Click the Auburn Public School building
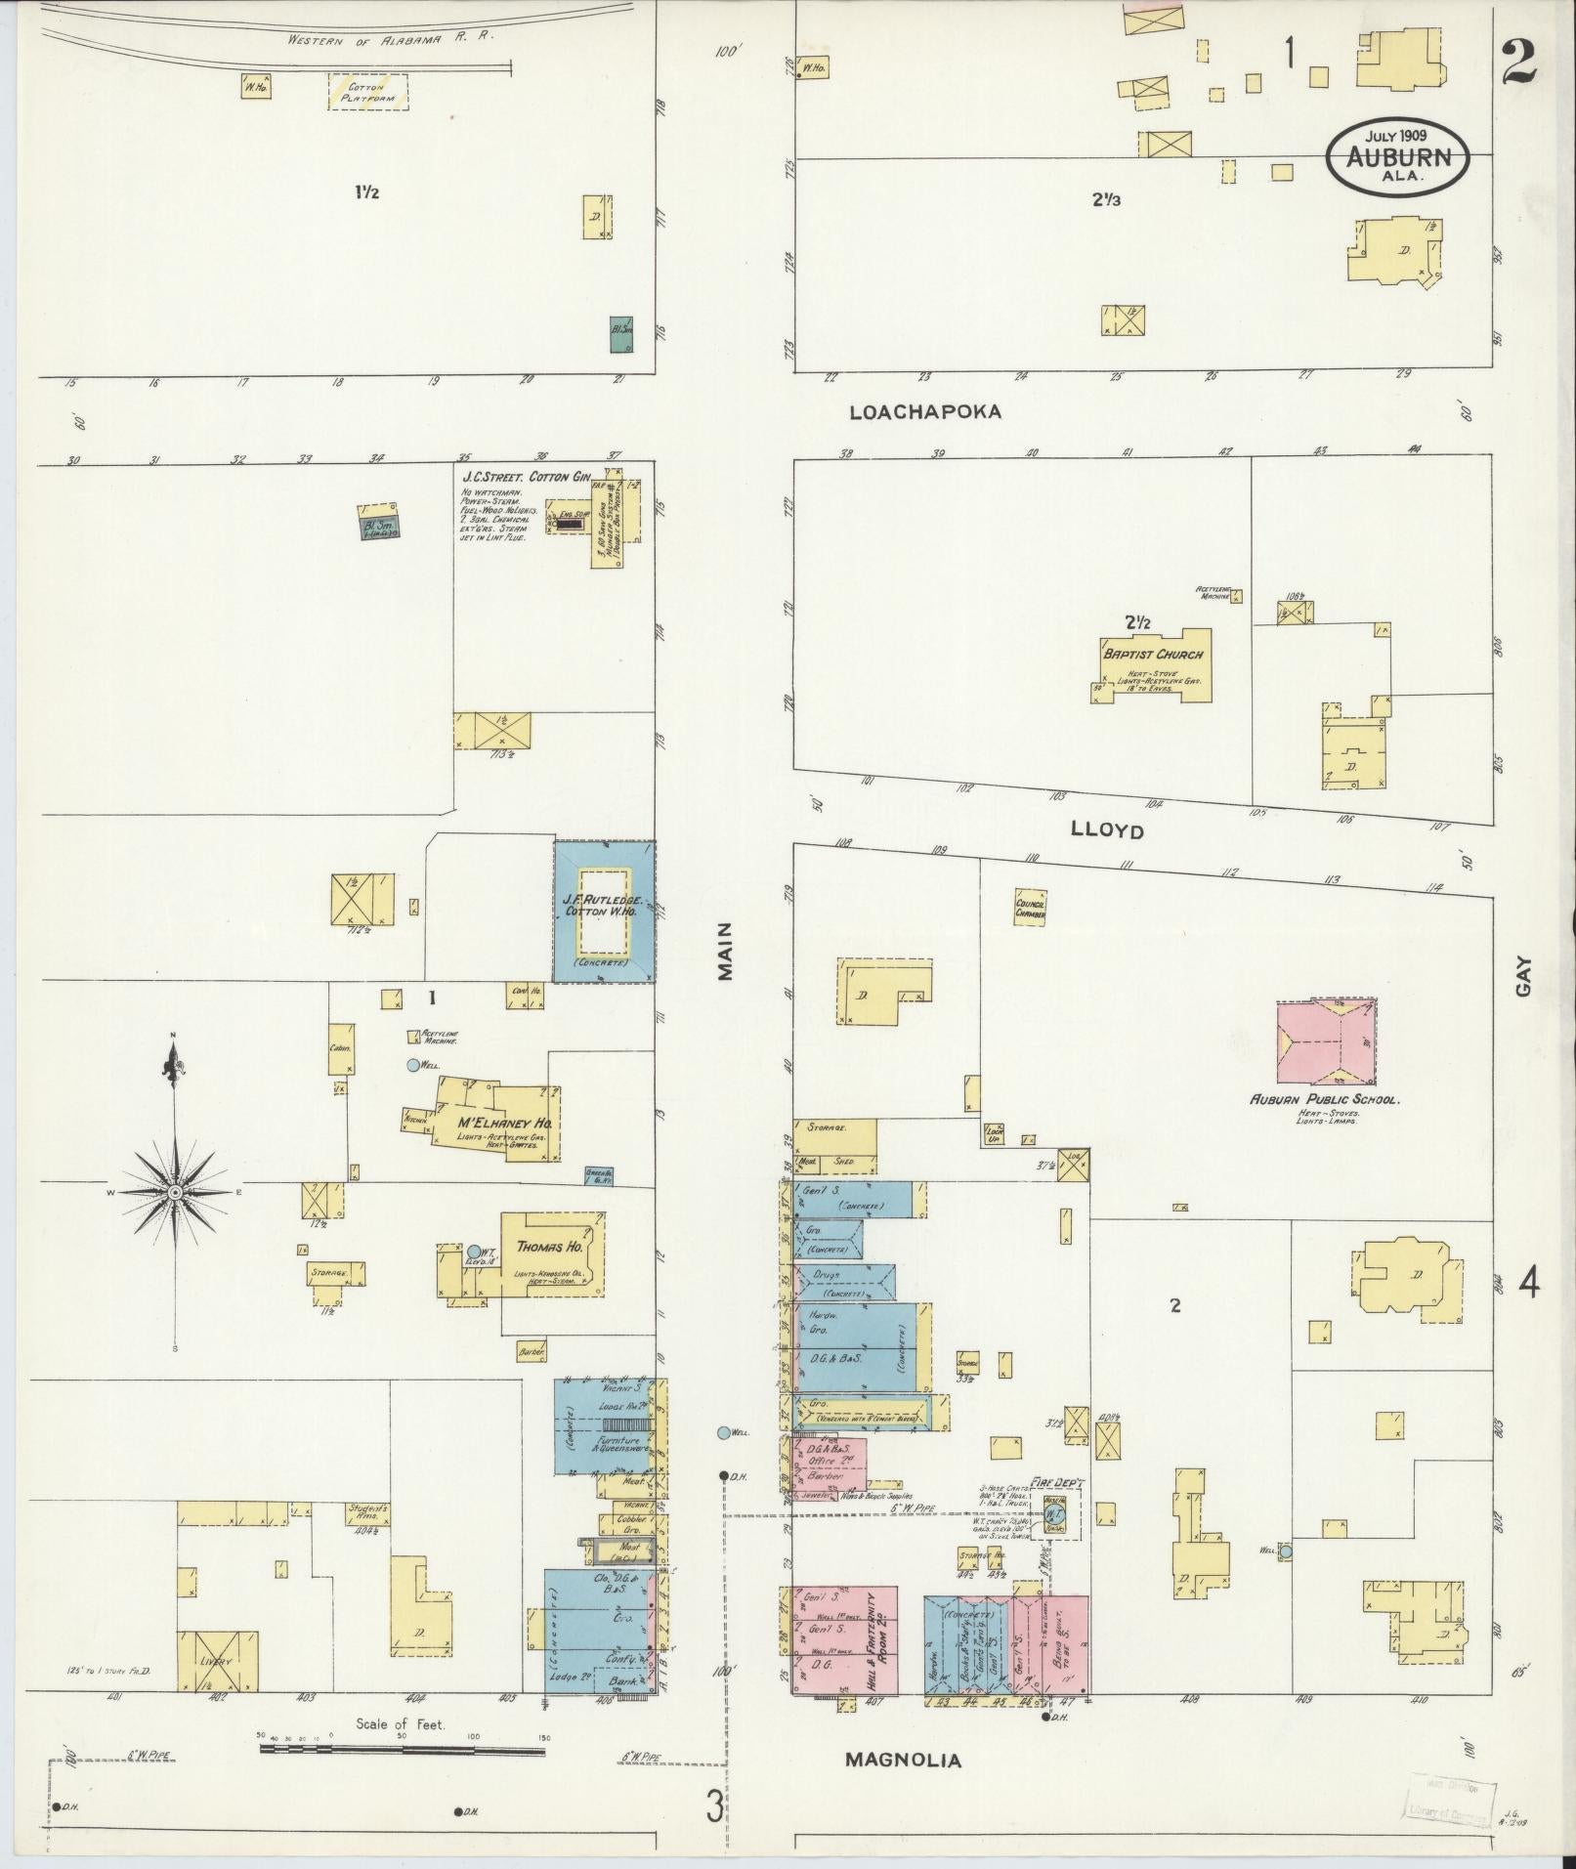[1327, 1043]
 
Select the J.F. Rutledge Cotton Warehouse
[605, 911]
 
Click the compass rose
[175, 1192]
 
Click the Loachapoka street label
[925, 412]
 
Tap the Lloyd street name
[1107, 830]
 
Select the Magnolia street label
[903, 1761]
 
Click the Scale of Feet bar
[402, 1745]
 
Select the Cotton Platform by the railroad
[367, 92]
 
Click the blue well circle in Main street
[723, 1432]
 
